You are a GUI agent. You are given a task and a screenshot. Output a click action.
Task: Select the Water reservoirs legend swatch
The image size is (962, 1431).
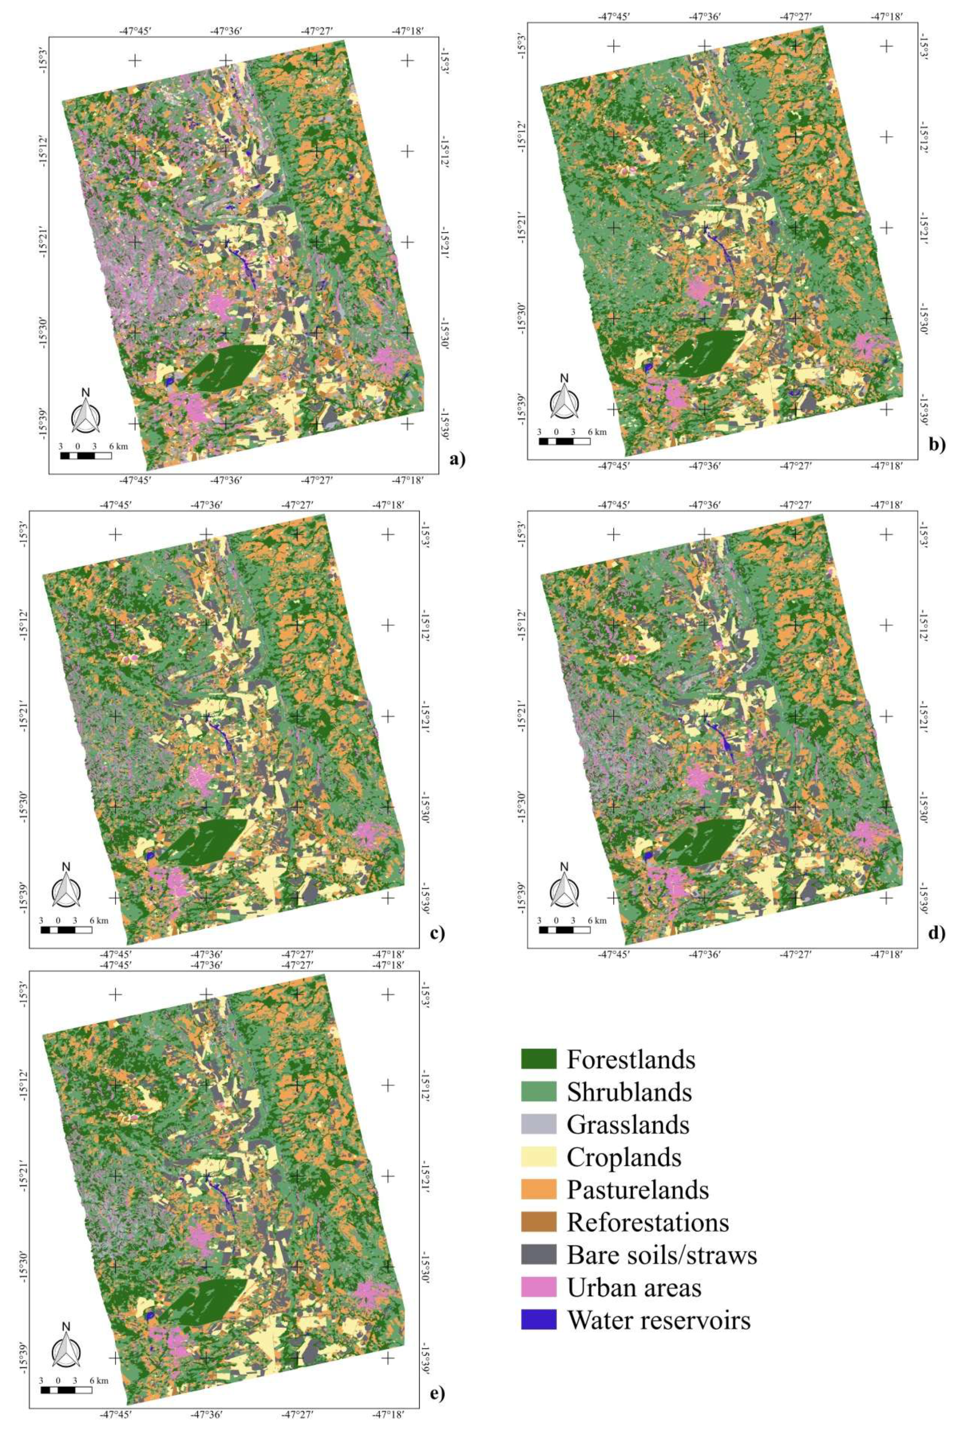click(538, 1320)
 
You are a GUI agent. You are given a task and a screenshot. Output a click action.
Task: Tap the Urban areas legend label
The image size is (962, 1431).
click(634, 1287)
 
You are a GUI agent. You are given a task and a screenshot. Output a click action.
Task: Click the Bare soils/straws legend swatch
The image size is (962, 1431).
click(538, 1254)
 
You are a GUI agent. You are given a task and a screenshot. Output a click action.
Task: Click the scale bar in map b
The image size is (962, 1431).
click(564, 441)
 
